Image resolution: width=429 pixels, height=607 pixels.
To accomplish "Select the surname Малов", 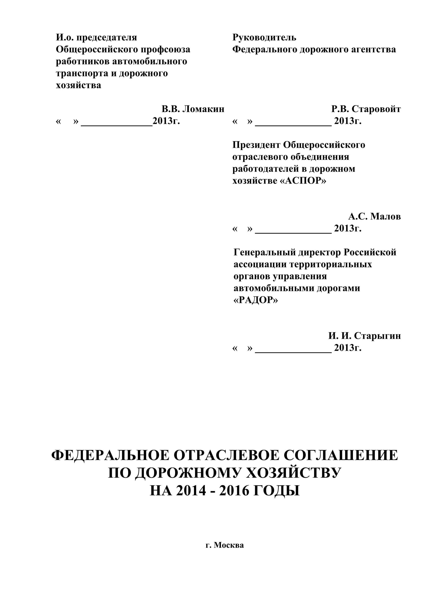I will pos(385,216).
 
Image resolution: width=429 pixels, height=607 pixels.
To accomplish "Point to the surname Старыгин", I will pos(377,336).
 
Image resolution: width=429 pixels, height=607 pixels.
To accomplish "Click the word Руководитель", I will pos(264,38).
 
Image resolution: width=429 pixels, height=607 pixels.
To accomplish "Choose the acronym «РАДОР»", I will pos(256,300).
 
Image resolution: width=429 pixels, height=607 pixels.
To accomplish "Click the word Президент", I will pos(256,145).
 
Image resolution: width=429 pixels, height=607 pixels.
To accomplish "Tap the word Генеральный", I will pos(265,252).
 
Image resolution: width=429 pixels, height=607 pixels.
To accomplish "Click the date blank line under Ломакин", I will pos(116,125).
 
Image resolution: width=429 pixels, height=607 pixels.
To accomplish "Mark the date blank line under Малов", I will pos(293,233).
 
